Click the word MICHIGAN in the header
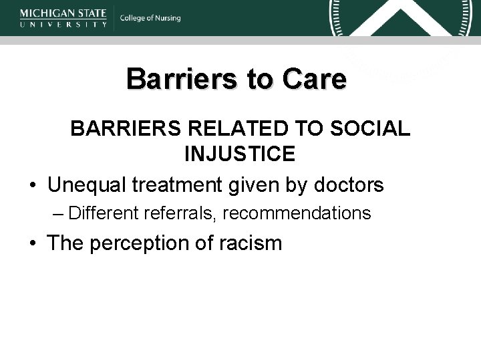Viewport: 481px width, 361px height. pyautogui.click(x=43, y=13)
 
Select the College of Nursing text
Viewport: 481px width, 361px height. pyautogui.click(x=150, y=18)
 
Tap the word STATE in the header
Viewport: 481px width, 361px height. pyautogui.click(x=89, y=13)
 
